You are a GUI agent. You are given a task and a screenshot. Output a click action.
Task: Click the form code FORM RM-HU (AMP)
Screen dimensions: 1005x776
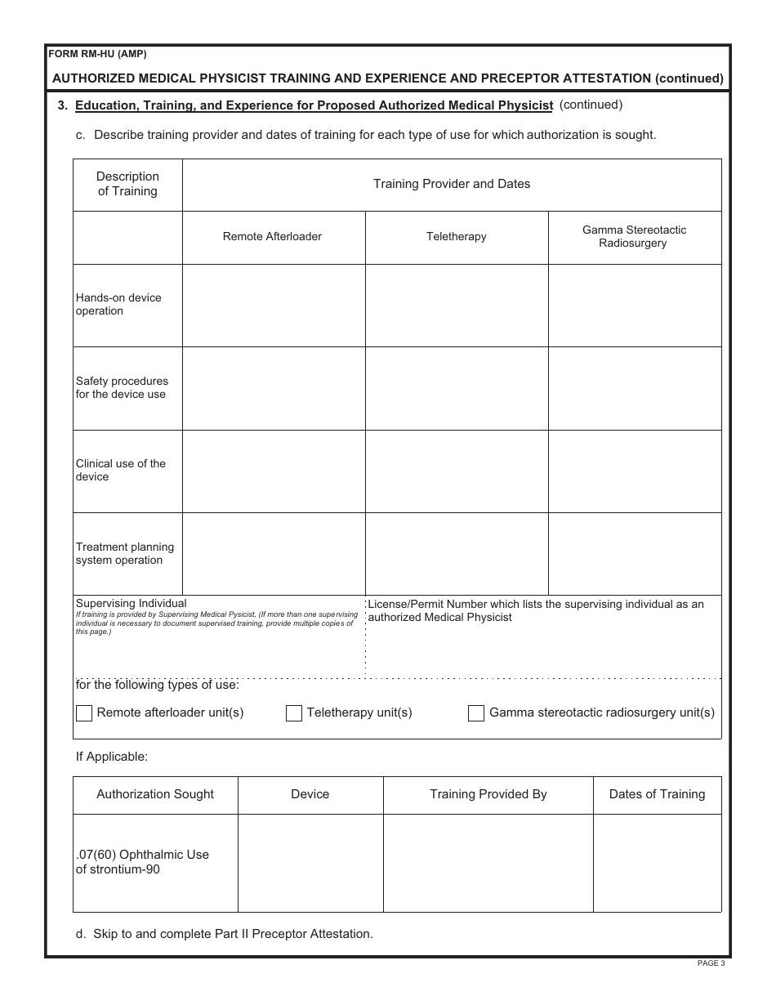coord(98,55)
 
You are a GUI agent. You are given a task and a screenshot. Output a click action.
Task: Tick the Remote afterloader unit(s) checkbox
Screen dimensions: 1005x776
coord(84,713)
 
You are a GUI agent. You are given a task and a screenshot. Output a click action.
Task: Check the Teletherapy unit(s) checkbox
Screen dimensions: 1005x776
coord(294,713)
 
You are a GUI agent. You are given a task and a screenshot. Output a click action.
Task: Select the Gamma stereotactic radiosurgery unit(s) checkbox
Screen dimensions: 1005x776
coord(476,713)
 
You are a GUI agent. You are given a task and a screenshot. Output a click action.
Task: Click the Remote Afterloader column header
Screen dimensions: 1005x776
coord(272,237)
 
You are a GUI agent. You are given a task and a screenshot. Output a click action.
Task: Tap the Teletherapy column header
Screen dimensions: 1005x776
coord(456,237)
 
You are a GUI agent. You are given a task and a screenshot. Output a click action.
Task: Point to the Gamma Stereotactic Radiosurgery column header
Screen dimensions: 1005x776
coord(634,237)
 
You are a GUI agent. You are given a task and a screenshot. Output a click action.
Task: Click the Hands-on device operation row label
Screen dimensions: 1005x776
coord(118,305)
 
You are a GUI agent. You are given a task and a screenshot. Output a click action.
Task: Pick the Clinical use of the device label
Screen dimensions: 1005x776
coord(120,471)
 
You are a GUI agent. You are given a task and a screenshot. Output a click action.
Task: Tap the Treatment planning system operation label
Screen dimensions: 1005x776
coord(124,554)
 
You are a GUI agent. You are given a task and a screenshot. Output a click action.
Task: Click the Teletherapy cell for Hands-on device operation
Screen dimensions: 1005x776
coord(456,306)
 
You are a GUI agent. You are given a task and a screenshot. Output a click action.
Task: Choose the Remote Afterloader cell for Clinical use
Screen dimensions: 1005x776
coord(273,471)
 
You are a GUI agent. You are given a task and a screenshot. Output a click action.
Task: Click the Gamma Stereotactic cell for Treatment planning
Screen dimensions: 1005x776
coord(634,554)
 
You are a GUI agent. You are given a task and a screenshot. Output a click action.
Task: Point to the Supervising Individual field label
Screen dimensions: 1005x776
coord(131,604)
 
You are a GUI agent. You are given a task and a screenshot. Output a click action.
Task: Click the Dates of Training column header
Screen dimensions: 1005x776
coord(657,794)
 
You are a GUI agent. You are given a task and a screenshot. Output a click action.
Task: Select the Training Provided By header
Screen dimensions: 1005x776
coord(488,794)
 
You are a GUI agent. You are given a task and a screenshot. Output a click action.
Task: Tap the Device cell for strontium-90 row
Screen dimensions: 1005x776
coord(310,863)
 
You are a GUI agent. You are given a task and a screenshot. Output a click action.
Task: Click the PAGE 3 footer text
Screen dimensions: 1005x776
coord(710,963)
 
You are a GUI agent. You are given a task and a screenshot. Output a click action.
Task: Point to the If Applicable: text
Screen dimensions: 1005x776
coord(112,757)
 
